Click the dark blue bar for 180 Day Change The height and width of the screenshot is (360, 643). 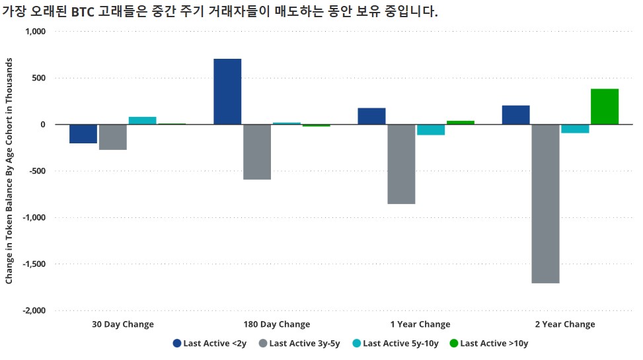pos(227,92)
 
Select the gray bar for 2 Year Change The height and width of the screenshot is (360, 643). pos(545,203)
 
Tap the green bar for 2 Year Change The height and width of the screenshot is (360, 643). pos(605,107)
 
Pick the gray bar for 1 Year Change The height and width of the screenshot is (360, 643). pos(401,164)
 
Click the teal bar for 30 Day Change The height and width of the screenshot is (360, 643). pos(142,121)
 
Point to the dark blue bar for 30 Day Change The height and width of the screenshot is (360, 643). pos(83,133)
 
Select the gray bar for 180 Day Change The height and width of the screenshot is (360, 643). pos(257,152)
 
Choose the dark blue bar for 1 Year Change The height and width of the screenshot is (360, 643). pos(371,116)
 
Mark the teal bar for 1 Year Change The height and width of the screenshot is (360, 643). pos(431,129)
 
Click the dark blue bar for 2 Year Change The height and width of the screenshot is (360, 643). pos(515,115)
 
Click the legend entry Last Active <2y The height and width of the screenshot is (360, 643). pos(210,343)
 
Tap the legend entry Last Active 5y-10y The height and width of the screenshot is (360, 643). pos(395,343)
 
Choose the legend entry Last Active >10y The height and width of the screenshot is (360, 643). pos(488,343)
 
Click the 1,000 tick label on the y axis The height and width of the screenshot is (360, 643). pos(34,32)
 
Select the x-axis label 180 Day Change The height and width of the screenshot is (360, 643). pos(276,324)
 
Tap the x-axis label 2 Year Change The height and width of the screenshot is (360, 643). pos(564,324)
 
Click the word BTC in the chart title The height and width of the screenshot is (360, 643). pos(85,12)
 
